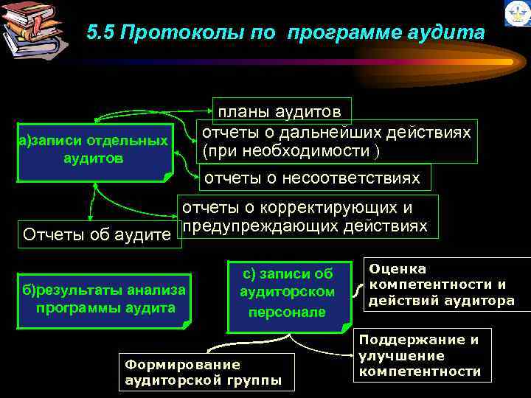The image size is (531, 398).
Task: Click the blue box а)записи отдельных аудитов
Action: (x=94, y=149)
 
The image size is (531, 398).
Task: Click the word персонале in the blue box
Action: (x=287, y=312)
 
